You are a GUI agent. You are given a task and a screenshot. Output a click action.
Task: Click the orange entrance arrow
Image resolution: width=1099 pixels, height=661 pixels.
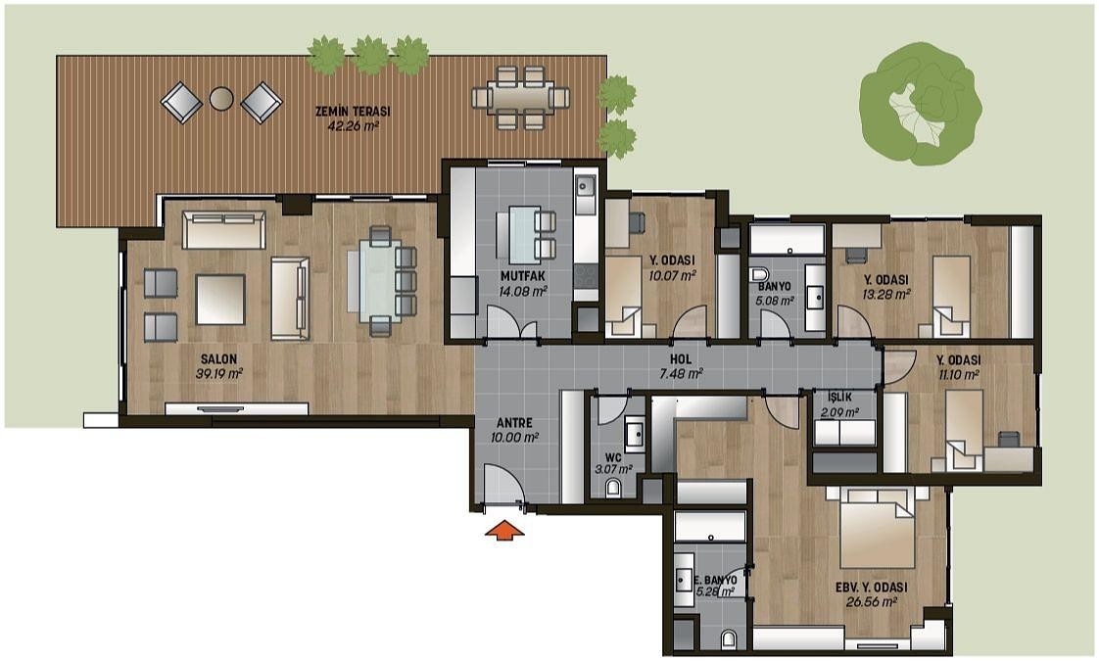(x=504, y=531)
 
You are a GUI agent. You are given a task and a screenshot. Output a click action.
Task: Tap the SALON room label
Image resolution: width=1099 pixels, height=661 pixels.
(x=218, y=358)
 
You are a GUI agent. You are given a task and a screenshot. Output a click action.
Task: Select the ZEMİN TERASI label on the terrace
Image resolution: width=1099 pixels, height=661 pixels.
(x=353, y=112)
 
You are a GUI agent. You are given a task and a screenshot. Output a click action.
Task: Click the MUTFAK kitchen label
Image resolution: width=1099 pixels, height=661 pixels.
(x=523, y=276)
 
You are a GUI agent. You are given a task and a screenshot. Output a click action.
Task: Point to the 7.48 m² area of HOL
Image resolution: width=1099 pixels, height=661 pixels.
(x=681, y=374)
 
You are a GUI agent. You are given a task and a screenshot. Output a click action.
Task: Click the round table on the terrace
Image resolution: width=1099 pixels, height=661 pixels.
(x=221, y=98)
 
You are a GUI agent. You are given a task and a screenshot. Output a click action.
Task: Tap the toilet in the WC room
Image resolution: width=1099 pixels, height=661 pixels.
(x=613, y=487)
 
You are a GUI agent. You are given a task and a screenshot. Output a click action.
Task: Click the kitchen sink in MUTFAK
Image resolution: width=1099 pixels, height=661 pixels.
(x=585, y=186)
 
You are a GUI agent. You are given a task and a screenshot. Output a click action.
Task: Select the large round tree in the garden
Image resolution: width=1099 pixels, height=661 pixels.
(x=921, y=103)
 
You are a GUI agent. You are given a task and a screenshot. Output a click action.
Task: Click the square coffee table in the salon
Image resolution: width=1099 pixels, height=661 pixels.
(x=220, y=300)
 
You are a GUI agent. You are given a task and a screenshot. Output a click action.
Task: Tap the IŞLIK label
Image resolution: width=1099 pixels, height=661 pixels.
(x=839, y=398)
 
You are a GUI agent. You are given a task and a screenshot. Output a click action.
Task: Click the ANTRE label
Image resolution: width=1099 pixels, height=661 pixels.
(x=514, y=423)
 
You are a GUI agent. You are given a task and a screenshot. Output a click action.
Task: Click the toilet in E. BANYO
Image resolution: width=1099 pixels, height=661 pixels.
(x=729, y=638)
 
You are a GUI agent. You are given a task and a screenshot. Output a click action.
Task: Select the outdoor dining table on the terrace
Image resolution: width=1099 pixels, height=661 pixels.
(x=520, y=97)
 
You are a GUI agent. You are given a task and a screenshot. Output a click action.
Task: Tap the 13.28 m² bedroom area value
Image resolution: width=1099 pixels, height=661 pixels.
(x=885, y=295)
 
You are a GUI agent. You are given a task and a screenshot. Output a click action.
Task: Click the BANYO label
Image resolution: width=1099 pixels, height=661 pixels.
(x=775, y=287)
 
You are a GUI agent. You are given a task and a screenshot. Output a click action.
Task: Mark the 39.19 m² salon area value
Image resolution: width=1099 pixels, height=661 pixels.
(x=219, y=374)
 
